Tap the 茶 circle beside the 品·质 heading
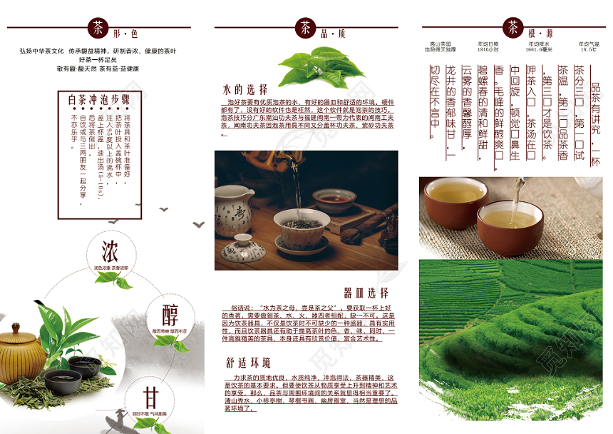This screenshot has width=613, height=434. tap(305, 29)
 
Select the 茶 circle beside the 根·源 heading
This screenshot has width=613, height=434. tap(512, 29)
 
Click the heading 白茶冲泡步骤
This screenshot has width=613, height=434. tap(99, 99)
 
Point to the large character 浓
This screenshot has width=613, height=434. tap(110, 252)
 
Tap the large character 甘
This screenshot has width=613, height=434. tap(150, 398)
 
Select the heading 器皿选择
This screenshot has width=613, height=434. tap(366, 293)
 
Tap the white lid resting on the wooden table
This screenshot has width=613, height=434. tap(242, 251)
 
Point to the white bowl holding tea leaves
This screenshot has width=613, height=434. tap(302, 228)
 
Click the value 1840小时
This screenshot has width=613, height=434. tap(488, 50)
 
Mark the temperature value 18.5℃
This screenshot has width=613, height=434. tap(588, 50)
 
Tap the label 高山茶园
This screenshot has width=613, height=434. tap(440, 44)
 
